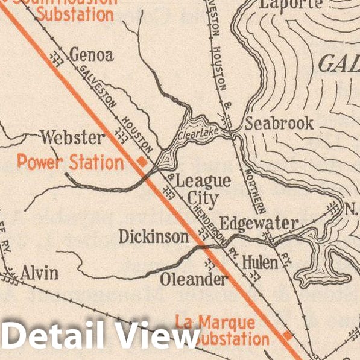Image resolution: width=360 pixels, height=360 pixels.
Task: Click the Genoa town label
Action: point(92,55)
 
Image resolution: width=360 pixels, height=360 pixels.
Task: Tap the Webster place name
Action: point(72,137)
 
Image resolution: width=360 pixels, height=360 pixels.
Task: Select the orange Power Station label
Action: point(70,162)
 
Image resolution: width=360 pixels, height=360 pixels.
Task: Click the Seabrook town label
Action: point(279,124)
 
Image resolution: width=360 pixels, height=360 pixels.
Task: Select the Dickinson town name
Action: point(154,237)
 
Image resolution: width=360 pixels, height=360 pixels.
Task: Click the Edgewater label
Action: point(258,224)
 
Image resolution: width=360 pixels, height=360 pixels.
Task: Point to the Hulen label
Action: point(260,263)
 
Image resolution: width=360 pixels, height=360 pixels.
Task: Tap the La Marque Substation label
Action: point(223,330)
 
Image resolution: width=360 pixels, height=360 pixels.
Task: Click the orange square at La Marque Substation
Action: point(288,335)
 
